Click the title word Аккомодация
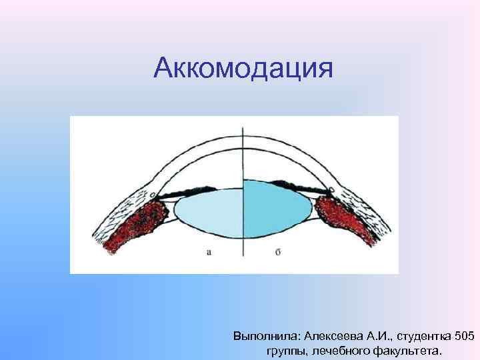click(x=242, y=68)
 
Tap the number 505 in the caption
click(x=463, y=334)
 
